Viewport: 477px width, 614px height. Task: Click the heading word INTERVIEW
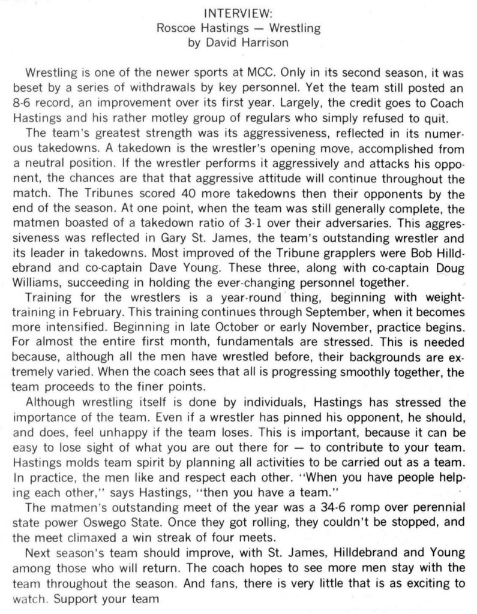click(x=238, y=13)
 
